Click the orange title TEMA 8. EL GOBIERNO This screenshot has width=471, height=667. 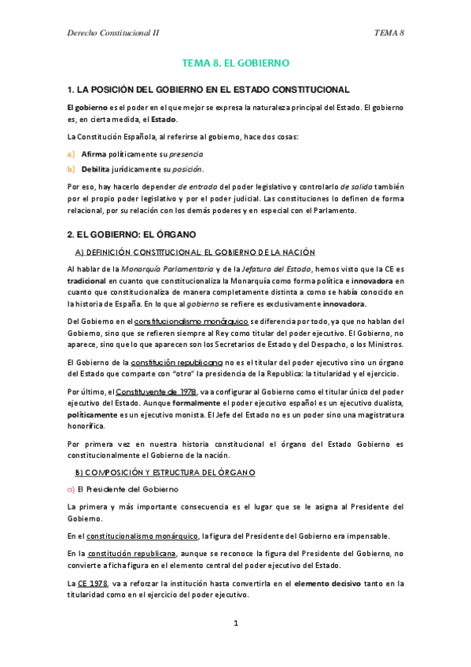click(236, 62)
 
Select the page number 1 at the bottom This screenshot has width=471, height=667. click(235, 624)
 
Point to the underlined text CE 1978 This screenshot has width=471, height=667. click(93, 583)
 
